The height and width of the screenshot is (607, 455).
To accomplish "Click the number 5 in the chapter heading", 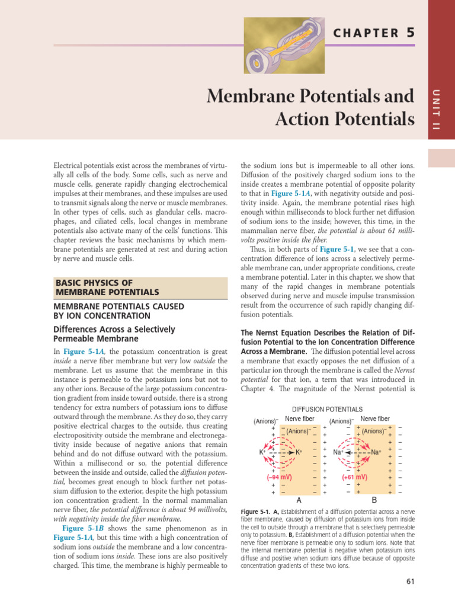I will [410, 33].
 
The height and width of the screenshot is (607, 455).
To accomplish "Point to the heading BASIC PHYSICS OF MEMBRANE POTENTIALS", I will [107, 287].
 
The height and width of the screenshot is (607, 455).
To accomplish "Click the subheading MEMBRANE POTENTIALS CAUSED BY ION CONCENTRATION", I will [119, 311].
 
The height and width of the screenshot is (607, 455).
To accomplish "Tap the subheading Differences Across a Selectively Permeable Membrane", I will [114, 334].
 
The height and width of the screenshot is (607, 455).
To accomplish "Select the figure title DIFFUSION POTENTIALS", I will [328, 409].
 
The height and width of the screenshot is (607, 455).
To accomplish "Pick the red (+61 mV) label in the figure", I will [355, 477].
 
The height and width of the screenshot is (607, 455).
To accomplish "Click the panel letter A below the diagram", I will [291, 500].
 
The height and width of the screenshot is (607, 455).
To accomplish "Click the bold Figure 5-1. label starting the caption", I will [256, 511].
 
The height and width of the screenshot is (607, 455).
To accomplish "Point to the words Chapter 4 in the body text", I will [258, 388].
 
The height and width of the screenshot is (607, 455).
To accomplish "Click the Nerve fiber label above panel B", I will [374, 418].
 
